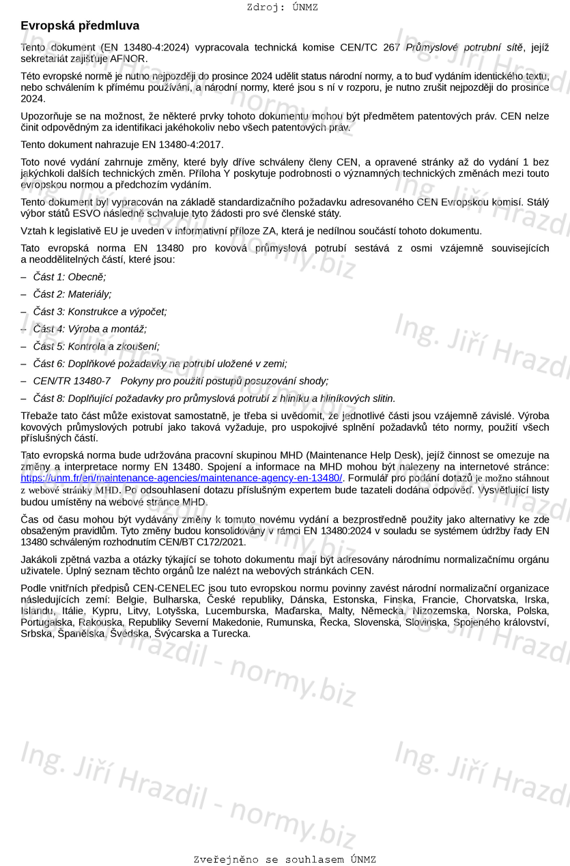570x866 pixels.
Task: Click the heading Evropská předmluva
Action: pyautogui.click(x=80, y=26)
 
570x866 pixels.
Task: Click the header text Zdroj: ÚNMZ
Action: pyautogui.click(x=282, y=8)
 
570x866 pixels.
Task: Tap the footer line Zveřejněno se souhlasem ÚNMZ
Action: pyautogui.click(x=284, y=859)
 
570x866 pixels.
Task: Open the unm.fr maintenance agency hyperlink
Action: pyautogui.click(x=182, y=478)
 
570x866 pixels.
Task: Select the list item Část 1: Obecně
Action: pyautogui.click(x=70, y=277)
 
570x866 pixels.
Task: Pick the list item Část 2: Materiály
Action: pyautogui.click(x=72, y=294)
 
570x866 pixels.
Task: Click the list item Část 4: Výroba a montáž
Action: pyautogui.click(x=89, y=329)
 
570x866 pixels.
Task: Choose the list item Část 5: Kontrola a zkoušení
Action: pyautogui.click(x=96, y=346)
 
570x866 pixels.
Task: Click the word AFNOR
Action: pyautogui.click(x=133, y=59)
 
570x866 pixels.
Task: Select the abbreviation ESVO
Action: pyautogui.click(x=86, y=214)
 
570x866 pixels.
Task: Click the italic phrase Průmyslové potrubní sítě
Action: pyautogui.click(x=464, y=48)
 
